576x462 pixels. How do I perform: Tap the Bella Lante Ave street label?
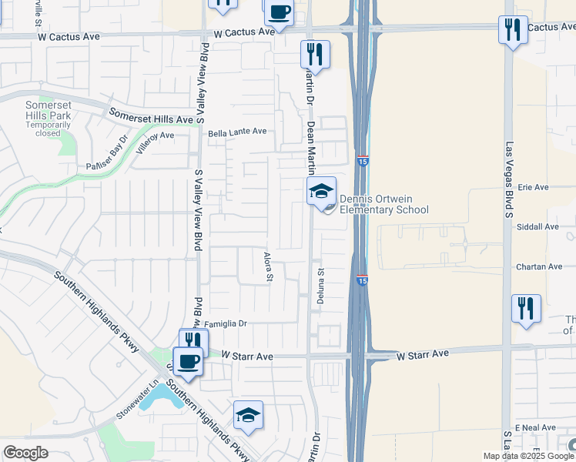point(237,132)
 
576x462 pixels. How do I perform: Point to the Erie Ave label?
point(533,187)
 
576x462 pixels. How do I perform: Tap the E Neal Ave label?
point(536,427)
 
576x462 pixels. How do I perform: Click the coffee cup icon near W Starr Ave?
point(188,360)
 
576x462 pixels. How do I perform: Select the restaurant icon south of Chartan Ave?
point(526,309)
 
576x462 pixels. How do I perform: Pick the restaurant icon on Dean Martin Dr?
point(314,54)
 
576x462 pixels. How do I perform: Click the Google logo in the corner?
point(25,453)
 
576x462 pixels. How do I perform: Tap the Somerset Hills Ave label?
point(151,116)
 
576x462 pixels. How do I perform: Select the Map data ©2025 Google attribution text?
point(527,456)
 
